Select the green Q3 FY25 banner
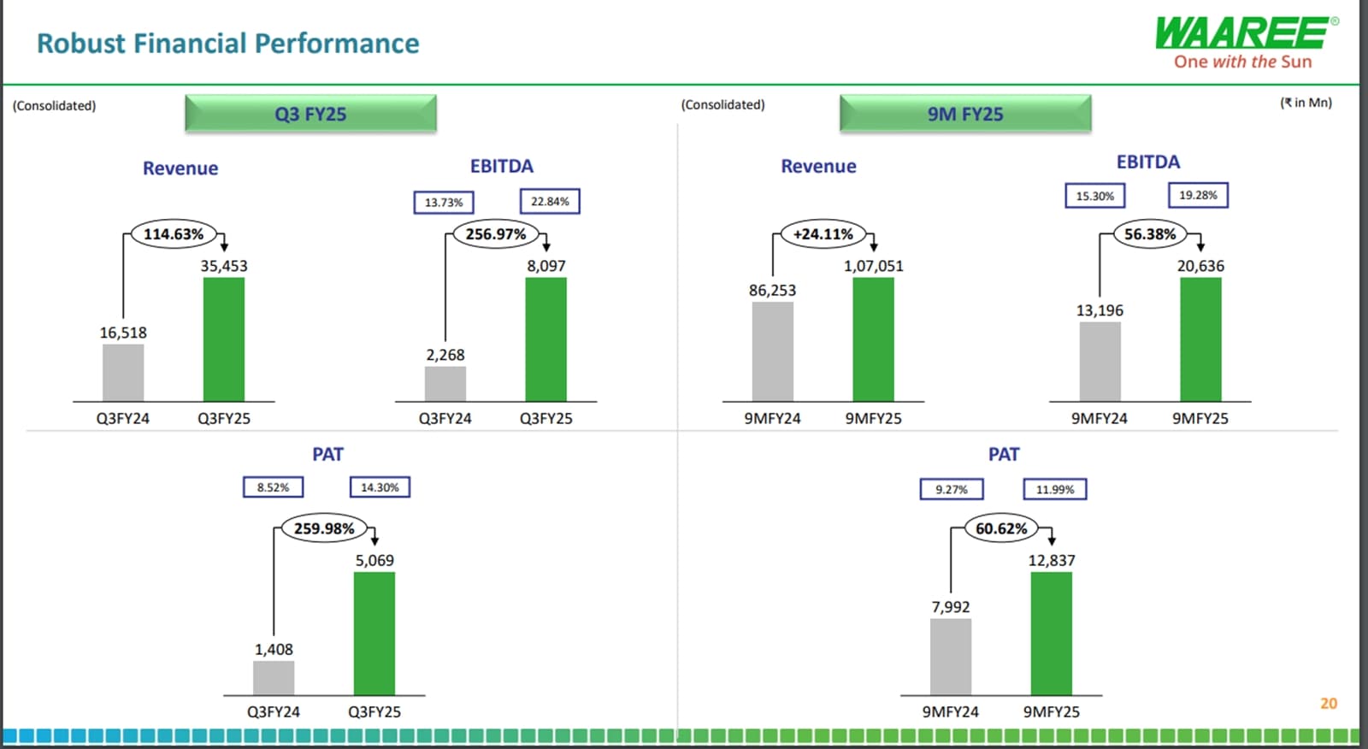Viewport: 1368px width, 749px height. point(310,114)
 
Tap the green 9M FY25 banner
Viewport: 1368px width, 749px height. point(965,114)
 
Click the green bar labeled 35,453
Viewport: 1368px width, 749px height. point(224,339)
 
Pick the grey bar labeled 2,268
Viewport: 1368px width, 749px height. point(445,384)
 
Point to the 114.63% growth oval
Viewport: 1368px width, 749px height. point(174,234)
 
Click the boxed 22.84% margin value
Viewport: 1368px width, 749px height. point(550,202)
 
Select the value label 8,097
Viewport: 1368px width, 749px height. point(546,266)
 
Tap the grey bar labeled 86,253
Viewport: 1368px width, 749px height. point(773,351)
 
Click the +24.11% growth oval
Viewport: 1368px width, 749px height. point(823,234)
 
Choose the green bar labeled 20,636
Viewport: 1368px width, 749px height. point(1200,339)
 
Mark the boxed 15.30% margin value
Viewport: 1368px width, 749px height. point(1095,196)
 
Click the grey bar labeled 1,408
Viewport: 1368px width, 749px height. point(274,678)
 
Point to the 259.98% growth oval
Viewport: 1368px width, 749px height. point(324,528)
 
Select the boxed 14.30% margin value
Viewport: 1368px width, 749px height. point(380,487)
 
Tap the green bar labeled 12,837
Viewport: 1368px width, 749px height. point(1052,634)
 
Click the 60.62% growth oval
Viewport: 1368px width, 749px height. point(1001,528)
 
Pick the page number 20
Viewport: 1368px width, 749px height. point(1328,704)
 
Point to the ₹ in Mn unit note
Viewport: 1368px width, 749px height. point(1306,103)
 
